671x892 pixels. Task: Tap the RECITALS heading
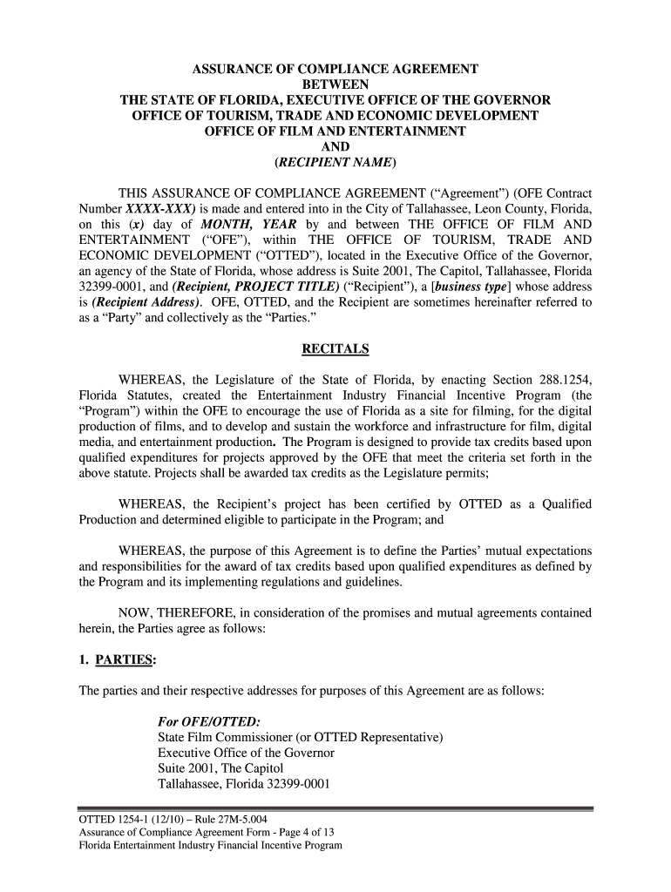point(335,349)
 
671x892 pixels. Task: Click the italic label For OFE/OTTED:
point(208,722)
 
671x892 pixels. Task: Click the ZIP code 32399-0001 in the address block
point(295,785)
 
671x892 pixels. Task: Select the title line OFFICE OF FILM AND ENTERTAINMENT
point(335,132)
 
